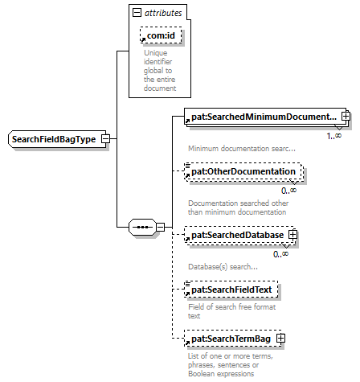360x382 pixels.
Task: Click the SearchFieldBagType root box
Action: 57,139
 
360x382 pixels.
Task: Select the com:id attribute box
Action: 161,35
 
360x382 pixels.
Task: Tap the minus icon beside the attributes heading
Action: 137,12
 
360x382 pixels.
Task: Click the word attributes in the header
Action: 163,13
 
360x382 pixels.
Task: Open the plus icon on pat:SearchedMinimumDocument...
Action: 346,116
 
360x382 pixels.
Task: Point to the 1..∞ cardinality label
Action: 334,136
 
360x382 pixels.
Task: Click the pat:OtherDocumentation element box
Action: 243,171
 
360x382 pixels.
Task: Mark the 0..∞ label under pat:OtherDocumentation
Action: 288,191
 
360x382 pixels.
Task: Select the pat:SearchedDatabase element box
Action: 240,235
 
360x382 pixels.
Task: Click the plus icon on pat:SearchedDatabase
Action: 292,235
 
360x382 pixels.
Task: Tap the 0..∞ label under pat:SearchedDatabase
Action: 280,254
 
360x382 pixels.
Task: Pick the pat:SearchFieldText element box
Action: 231,290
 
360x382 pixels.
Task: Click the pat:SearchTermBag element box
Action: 233,339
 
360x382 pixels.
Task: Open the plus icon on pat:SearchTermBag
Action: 280,339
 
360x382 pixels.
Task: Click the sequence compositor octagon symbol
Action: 142,227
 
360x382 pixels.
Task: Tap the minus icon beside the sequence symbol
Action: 160,227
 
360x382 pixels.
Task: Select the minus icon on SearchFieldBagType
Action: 105,139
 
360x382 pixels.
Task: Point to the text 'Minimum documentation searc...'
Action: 242,149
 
